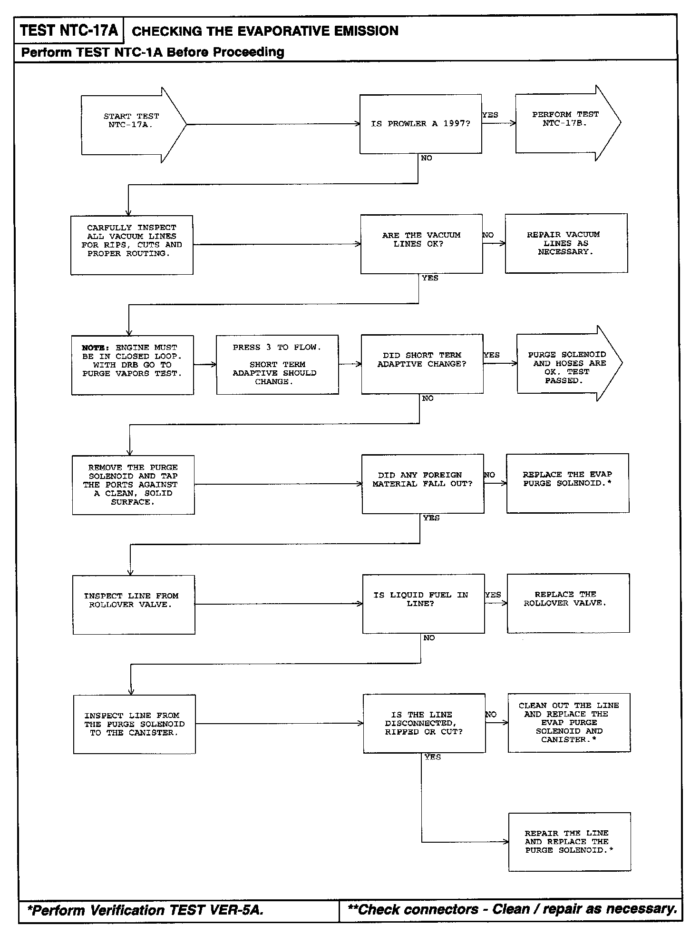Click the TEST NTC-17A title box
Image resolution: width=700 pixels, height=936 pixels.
(69, 31)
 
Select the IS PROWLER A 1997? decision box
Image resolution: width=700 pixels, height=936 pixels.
(420, 124)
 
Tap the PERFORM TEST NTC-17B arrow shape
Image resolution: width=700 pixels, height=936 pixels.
(565, 122)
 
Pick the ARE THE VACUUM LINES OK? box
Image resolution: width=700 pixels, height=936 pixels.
(421, 244)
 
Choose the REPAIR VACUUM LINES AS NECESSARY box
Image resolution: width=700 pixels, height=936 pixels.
(566, 243)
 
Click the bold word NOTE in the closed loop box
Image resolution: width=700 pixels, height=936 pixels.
(95, 348)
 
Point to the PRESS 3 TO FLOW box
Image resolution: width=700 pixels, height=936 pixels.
(277, 365)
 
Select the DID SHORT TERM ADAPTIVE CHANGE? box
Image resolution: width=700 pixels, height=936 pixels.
(422, 364)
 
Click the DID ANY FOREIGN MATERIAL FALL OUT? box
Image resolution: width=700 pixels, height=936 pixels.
(423, 484)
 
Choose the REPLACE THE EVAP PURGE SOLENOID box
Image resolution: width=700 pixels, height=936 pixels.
(567, 483)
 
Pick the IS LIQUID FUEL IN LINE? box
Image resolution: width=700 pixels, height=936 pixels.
(423, 603)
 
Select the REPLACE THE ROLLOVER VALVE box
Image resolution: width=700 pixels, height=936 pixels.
(568, 603)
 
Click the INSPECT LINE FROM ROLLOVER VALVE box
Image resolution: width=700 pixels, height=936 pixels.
(134, 605)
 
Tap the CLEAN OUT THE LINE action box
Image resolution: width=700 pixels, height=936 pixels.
(569, 722)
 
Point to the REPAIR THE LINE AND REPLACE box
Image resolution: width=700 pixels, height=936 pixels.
(569, 842)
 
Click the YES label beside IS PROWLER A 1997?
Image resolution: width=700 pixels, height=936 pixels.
(490, 115)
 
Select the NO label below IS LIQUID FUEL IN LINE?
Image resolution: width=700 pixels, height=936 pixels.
(429, 638)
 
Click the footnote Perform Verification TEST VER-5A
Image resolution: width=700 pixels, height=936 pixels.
(145, 910)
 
